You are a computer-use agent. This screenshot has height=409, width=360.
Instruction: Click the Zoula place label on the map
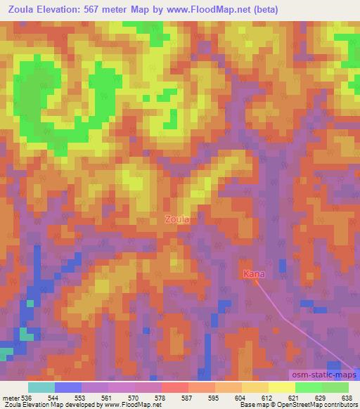pyautogui.click(x=177, y=219)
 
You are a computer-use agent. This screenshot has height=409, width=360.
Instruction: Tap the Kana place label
pyautogui.click(x=253, y=274)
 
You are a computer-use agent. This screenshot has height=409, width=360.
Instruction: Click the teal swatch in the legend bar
pyautogui.click(x=41, y=387)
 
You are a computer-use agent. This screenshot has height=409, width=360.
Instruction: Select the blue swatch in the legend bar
pyautogui.click(x=68, y=387)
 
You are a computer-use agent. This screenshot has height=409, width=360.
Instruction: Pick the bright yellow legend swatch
pyautogui.click(x=282, y=387)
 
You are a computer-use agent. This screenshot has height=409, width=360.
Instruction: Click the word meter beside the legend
pyautogui.click(x=11, y=397)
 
